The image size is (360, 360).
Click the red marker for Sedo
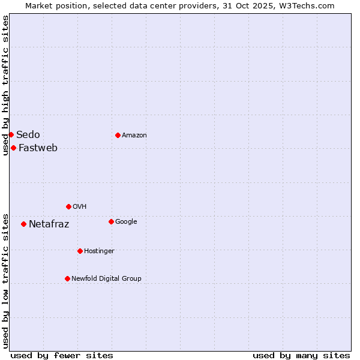click(11, 134)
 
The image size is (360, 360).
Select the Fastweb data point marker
click(13, 148)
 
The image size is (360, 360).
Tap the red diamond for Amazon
click(118, 135)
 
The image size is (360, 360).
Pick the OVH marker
click(68, 206)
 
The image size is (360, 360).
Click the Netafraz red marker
click(23, 224)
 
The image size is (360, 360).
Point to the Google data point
click(111, 221)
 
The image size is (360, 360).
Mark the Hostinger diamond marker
click(80, 251)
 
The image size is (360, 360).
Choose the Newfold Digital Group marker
click(67, 278)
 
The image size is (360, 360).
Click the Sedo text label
click(28, 134)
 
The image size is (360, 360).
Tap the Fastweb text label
click(38, 148)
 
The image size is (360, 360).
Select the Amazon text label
click(134, 135)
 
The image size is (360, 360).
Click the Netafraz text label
click(49, 224)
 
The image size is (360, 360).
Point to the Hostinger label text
click(99, 251)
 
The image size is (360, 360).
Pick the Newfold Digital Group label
click(106, 278)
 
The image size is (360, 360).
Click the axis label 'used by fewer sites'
click(62, 355)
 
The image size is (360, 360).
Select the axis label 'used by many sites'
click(301, 355)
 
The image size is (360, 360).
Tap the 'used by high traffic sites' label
click(5, 85)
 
